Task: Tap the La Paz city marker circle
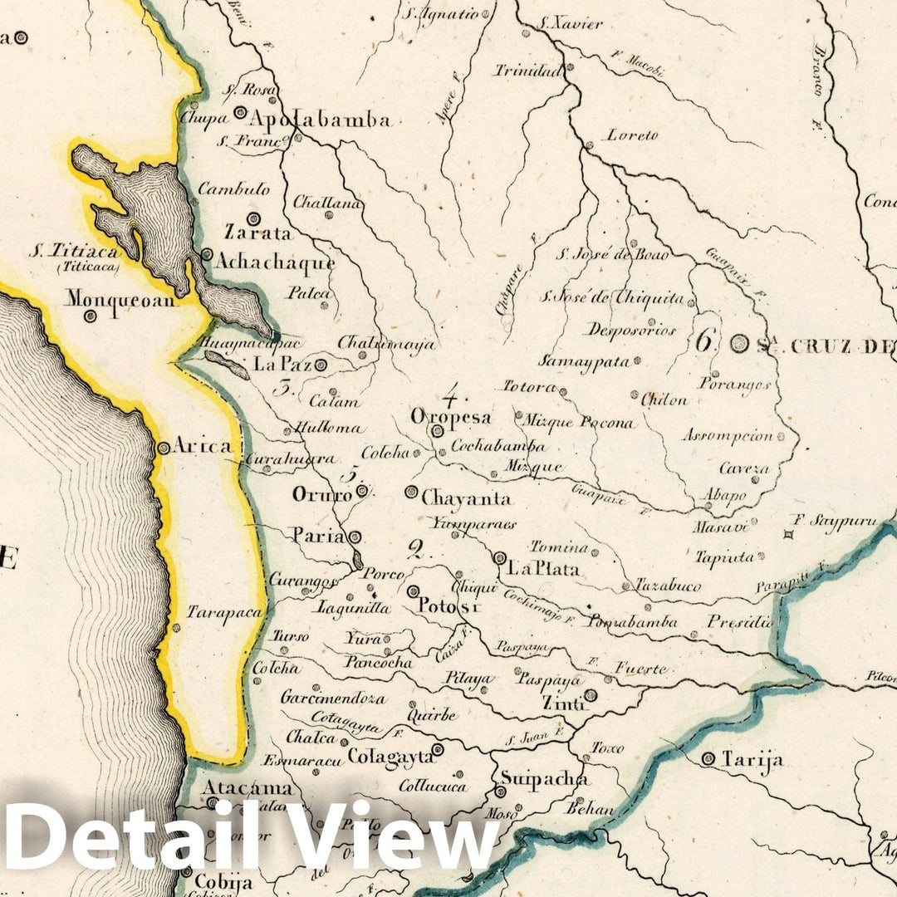[x=320, y=364]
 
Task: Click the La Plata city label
[x=543, y=569]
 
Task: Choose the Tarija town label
[x=752, y=759]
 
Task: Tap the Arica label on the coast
[x=202, y=446]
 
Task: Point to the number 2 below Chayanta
[x=415, y=547]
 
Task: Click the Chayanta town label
[x=466, y=498]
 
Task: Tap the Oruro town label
[x=322, y=494]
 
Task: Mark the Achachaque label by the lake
[x=275, y=262]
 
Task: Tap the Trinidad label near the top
[x=529, y=71]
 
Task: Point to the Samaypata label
[x=583, y=361]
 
